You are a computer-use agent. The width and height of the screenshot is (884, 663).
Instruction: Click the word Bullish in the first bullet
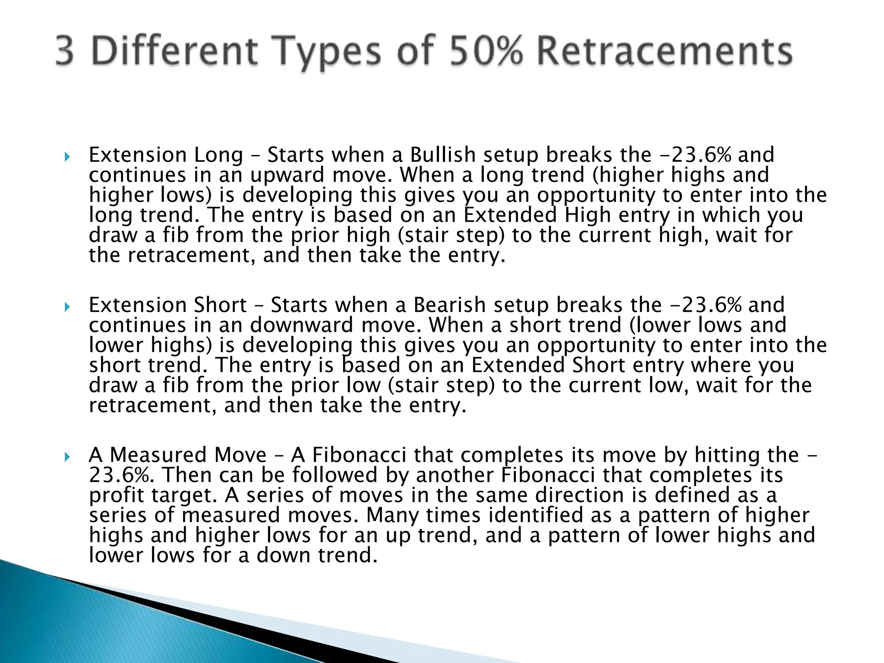click(443, 155)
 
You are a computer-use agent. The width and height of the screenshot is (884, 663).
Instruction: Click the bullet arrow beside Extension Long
click(67, 156)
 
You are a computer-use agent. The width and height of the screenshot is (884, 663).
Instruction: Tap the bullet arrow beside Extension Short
click(67, 306)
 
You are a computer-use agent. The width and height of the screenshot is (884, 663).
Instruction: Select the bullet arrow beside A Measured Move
click(67, 457)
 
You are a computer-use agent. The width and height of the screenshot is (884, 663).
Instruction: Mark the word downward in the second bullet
click(301, 325)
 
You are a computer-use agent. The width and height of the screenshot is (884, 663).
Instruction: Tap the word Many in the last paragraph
click(392, 515)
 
